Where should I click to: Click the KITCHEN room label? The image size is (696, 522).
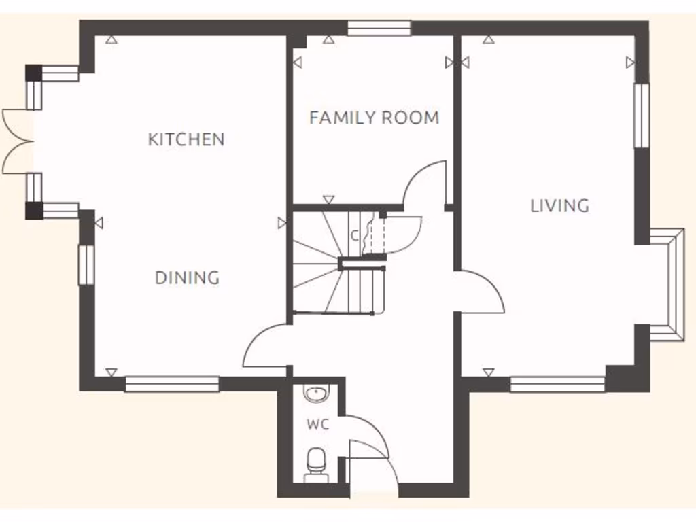(x=186, y=139)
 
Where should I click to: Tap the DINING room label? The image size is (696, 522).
(x=187, y=277)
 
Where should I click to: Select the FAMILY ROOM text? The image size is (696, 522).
(x=374, y=118)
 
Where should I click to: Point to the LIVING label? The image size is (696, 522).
(x=559, y=205)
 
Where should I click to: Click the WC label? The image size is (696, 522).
(x=317, y=425)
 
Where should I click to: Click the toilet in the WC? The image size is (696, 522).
(x=315, y=462)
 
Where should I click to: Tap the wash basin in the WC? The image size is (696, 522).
(x=315, y=393)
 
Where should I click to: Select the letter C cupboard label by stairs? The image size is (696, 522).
(x=354, y=236)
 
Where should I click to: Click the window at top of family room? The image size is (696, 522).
(x=379, y=28)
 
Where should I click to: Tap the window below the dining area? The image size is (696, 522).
(x=172, y=385)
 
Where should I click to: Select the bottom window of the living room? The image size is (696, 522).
(x=557, y=385)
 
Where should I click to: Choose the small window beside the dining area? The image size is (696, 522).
(x=86, y=264)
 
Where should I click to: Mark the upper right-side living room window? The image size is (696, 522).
(x=642, y=116)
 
